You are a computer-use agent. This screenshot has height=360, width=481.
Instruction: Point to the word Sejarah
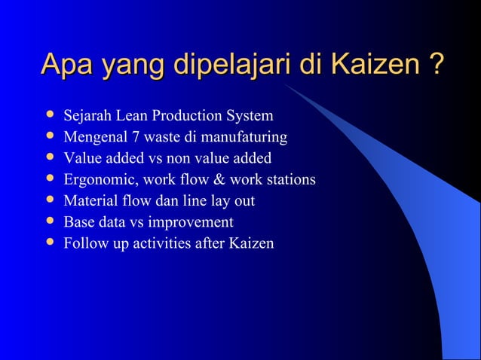coord(87,117)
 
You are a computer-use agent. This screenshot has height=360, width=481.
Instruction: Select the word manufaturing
coord(243,138)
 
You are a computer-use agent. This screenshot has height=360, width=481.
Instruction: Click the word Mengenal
coord(96,138)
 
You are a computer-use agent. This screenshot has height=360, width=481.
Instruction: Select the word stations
coord(290,180)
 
